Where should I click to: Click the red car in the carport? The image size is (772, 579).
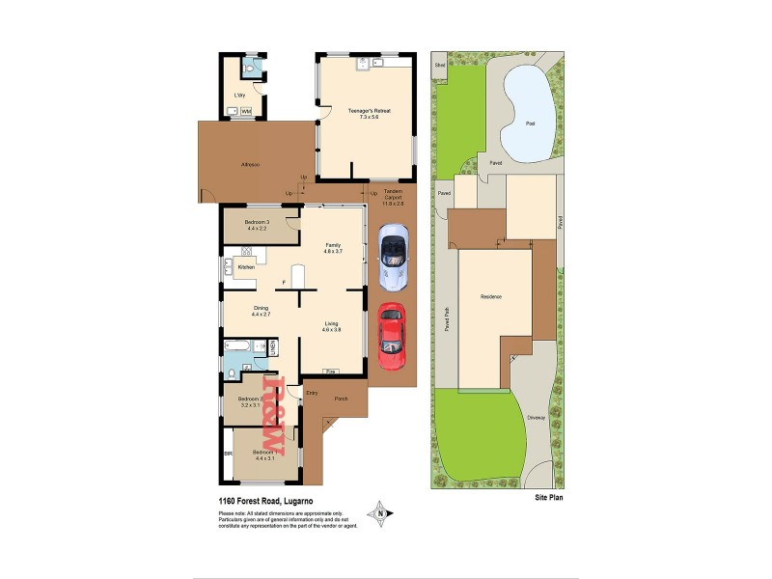click(x=390, y=337)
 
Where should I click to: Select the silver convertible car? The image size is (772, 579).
click(x=393, y=258)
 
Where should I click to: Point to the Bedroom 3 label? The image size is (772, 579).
click(x=256, y=225)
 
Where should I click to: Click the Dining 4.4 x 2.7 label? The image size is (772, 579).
click(x=261, y=311)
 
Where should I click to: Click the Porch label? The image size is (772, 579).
click(x=341, y=399)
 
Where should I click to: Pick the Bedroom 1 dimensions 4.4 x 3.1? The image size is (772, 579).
click(x=264, y=458)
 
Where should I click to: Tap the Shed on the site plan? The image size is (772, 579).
click(x=440, y=66)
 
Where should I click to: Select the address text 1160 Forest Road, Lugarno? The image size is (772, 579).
click(x=265, y=502)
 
